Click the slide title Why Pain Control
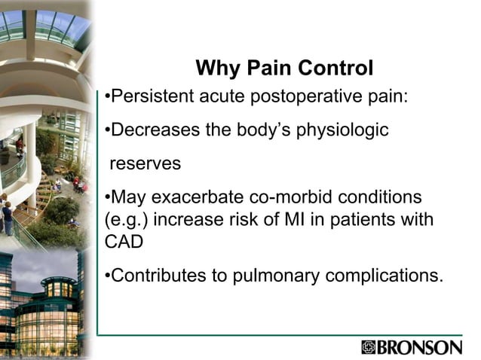[284, 69]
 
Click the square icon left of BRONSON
[368, 347]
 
